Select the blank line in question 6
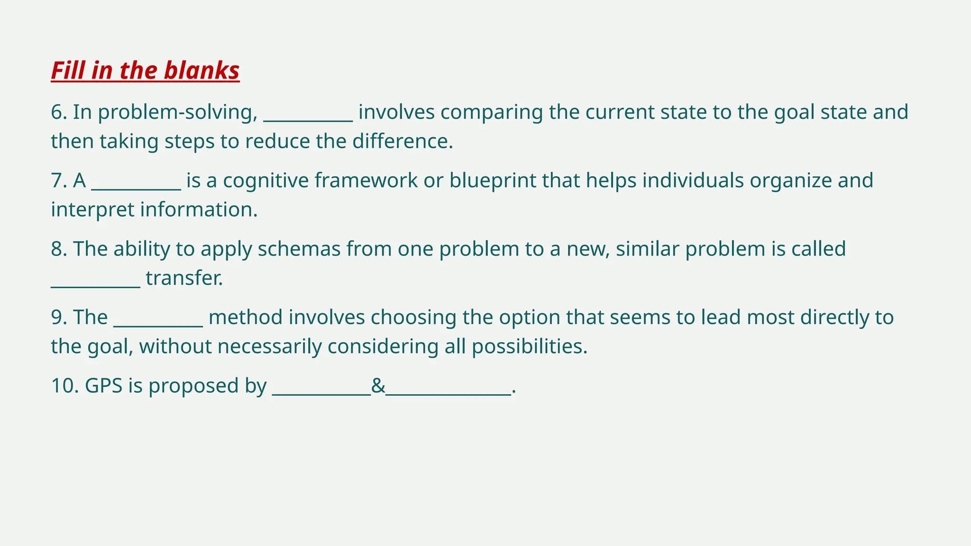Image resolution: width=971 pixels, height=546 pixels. pyautogui.click(x=308, y=118)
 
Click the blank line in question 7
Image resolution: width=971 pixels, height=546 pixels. pyautogui.click(x=136, y=187)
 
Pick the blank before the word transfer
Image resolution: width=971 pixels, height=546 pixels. pyautogui.click(x=95, y=284)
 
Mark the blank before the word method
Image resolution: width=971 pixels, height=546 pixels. pyautogui.click(x=158, y=324)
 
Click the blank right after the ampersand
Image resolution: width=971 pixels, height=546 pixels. pyautogui.click(x=449, y=392)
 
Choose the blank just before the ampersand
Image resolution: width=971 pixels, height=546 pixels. pyautogui.click(x=321, y=392)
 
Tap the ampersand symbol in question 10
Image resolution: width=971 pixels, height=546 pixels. pyautogui.click(x=378, y=386)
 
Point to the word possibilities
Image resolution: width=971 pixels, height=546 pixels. pyautogui.click(x=529, y=347)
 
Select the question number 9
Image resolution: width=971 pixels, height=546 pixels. pyautogui.click(x=59, y=318)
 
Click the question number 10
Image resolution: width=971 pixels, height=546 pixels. pyautogui.click(x=64, y=386)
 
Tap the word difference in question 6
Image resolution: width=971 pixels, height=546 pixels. pyautogui.click(x=402, y=142)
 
